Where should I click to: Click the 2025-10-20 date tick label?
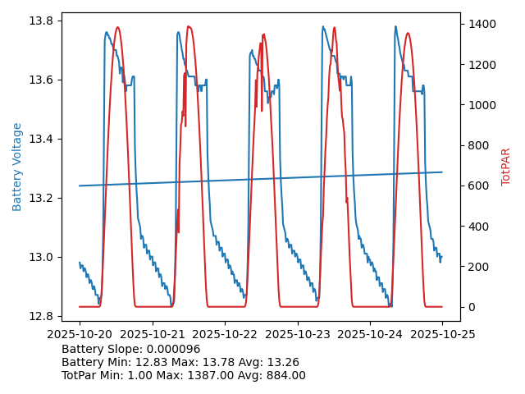click(80, 334)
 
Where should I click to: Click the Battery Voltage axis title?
click(18, 167)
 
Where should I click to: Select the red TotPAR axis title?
click(506, 167)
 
